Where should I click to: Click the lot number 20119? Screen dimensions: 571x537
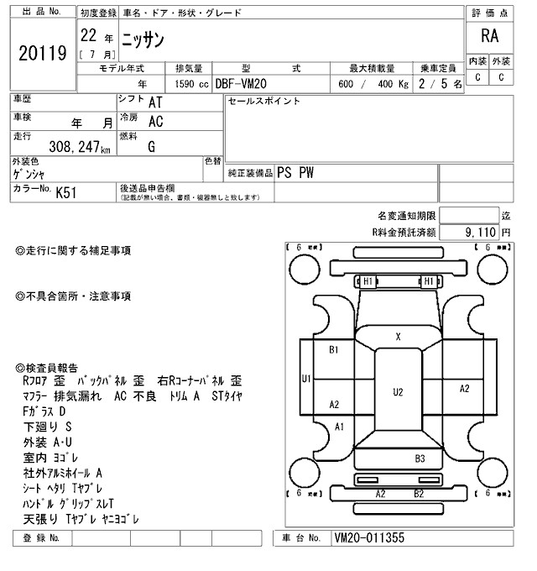(x=42, y=55)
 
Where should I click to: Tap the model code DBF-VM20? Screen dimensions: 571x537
(x=247, y=84)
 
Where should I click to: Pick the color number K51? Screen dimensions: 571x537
(x=65, y=192)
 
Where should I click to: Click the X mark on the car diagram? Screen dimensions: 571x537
(x=398, y=336)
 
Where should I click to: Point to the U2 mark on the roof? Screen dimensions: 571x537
(x=398, y=391)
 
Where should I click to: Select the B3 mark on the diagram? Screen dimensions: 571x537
(x=420, y=458)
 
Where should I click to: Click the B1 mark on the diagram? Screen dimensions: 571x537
(x=333, y=348)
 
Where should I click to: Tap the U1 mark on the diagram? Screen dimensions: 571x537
(x=306, y=380)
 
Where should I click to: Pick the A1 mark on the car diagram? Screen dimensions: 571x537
(x=340, y=427)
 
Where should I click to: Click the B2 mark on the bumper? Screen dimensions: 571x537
(x=418, y=494)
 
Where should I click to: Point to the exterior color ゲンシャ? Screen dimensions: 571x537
(x=29, y=174)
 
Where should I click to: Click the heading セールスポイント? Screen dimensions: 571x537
(x=264, y=102)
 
